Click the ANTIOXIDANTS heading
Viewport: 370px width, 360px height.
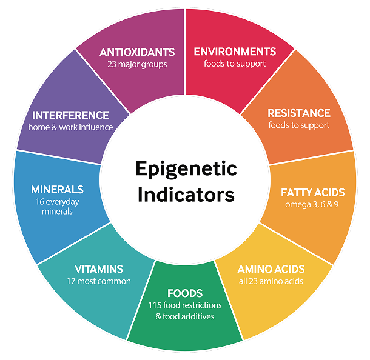coord(137,52)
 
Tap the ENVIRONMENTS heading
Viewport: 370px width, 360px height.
coord(235,52)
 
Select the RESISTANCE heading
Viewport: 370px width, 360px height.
coord(299,113)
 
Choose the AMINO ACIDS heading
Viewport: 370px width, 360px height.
coord(271,269)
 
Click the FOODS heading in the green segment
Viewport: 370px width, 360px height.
coord(185,293)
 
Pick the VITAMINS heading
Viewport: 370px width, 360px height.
coord(99,269)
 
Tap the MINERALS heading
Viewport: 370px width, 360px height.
coord(58,190)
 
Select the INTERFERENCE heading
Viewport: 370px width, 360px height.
coord(70,115)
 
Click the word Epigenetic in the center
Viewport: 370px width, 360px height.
coord(186,168)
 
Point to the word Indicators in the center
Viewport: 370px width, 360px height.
coord(186,195)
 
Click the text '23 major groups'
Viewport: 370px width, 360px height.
coord(137,64)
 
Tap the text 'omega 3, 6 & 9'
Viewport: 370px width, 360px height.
coord(312,204)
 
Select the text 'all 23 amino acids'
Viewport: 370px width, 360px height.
coord(271,281)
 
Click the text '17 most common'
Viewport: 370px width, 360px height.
coord(99,281)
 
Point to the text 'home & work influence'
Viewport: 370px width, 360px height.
coord(70,127)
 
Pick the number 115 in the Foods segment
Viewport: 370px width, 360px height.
coord(156,305)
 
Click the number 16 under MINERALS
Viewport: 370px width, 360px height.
coord(41,201)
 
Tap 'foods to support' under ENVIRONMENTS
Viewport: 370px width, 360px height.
coord(235,64)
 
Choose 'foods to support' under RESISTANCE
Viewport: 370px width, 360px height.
coord(299,125)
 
